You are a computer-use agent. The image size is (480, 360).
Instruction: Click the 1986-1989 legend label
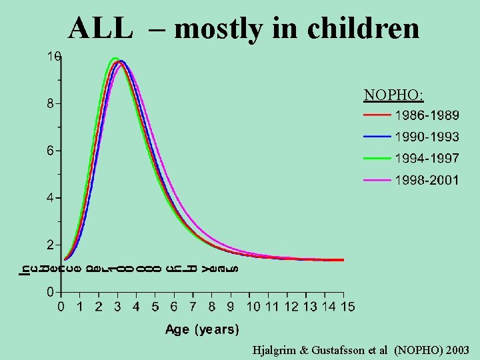tap(427, 115)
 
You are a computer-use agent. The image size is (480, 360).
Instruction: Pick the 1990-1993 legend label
tap(427, 137)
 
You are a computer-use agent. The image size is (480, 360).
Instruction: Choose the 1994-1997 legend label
tap(427, 158)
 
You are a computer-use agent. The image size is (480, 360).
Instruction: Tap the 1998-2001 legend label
tap(427, 180)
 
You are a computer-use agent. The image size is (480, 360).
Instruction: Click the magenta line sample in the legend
tap(377, 180)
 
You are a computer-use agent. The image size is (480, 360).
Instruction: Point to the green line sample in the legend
tap(377, 158)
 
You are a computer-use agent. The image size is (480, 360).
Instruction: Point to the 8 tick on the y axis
tap(50, 104)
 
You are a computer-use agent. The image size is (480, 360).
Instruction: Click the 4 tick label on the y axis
tap(50, 198)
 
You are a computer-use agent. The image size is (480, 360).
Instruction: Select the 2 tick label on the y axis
tap(50, 245)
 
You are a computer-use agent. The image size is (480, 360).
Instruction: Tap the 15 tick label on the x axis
tap(348, 307)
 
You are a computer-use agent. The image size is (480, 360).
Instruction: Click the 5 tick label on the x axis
tap(155, 307)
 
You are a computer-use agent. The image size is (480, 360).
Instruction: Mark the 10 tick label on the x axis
tap(253, 307)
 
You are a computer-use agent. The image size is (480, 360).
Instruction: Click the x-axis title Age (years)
tap(201, 329)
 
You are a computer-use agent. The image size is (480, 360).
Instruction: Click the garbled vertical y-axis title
tap(127, 269)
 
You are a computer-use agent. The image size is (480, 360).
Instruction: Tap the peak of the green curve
tap(115, 59)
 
